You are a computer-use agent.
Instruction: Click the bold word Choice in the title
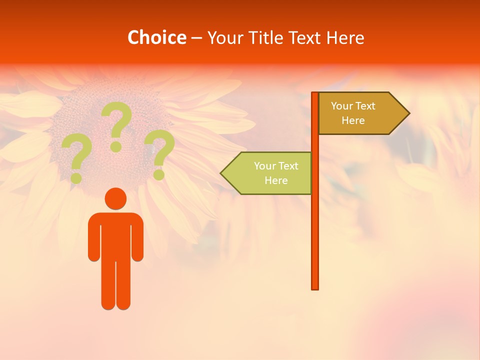(156, 37)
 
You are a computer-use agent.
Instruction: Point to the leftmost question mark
(76, 156)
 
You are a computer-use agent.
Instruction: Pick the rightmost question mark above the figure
(159, 152)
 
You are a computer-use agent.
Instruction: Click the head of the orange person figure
(115, 198)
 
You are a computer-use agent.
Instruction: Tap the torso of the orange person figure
(115, 235)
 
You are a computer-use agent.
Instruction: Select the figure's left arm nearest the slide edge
(93, 240)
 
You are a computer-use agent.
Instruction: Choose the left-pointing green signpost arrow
(267, 173)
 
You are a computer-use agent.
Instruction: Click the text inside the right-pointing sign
(353, 113)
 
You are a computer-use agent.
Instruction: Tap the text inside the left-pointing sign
(276, 173)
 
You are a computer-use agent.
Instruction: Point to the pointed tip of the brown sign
(408, 113)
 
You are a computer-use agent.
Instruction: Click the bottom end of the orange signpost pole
(315, 287)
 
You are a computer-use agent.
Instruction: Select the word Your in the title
(223, 37)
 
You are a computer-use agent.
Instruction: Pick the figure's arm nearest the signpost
(138, 240)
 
